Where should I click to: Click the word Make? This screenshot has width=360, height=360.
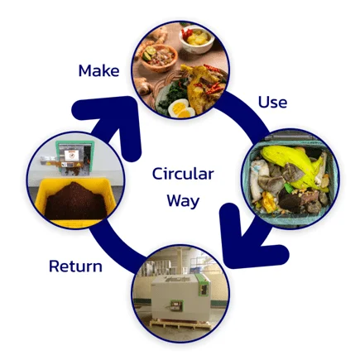tap(98, 70)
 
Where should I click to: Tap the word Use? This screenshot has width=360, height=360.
tap(272, 102)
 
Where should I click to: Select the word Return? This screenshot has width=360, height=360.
tap(75, 266)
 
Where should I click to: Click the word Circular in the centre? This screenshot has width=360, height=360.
tap(183, 174)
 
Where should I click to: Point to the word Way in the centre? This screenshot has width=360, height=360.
tap(183, 200)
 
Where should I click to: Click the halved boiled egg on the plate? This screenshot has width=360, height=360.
tap(180, 108)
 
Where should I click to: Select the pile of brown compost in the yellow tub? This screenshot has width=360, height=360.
tap(75, 200)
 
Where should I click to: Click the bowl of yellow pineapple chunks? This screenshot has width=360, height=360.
tap(196, 40)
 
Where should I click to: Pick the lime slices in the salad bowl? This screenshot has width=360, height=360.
tap(148, 54)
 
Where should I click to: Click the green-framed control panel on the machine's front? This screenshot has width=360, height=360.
tap(175, 305)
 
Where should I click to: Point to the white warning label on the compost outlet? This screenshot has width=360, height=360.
tap(70, 156)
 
